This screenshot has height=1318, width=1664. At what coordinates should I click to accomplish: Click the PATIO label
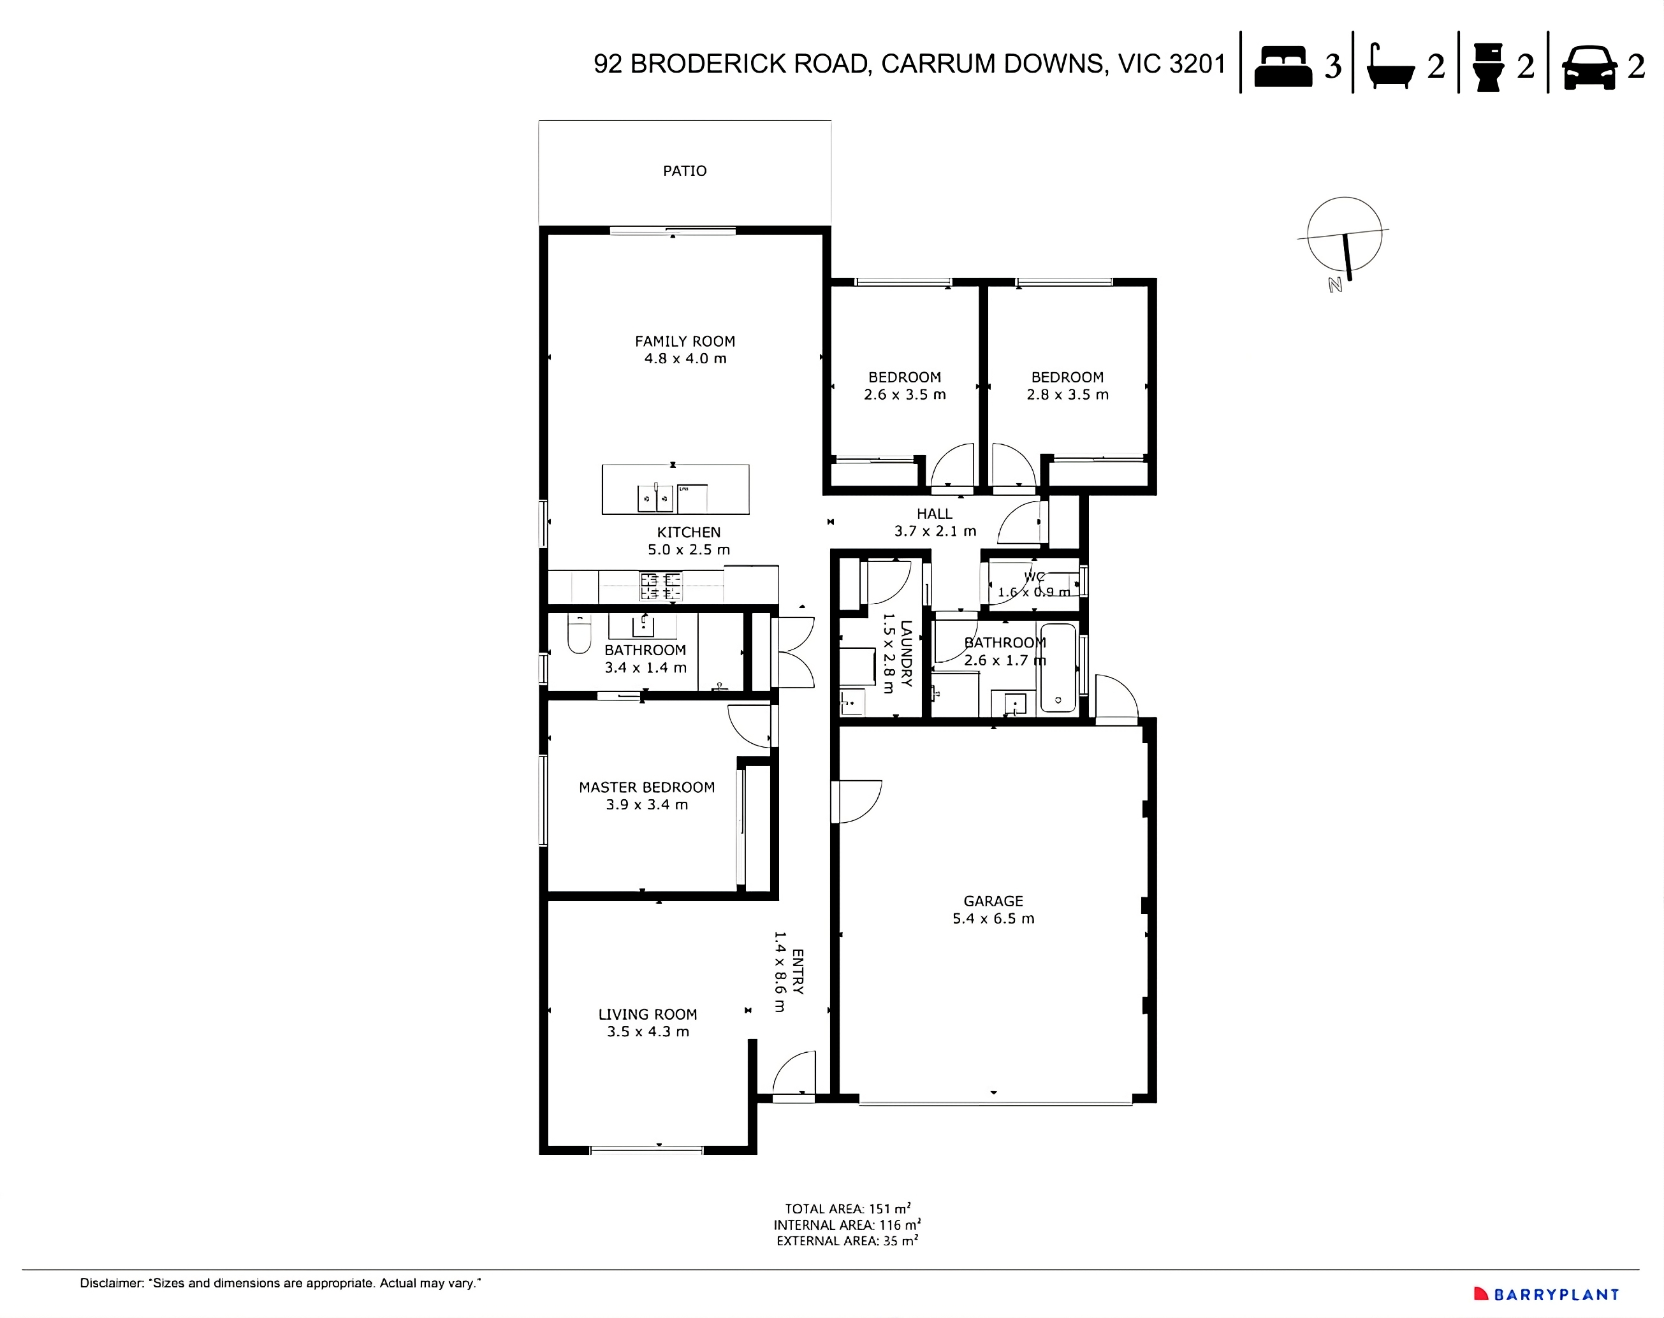(685, 171)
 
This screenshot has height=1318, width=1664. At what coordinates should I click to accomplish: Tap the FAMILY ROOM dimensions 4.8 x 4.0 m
(685, 359)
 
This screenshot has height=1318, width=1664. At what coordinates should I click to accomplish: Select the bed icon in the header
(1283, 66)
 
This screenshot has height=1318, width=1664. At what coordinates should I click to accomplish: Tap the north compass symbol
(1345, 235)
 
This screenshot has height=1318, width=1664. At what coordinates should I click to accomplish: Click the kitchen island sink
(655, 498)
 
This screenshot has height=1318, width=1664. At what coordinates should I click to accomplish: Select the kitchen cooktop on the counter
(660, 586)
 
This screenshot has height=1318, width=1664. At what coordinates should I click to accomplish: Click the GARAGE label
(993, 901)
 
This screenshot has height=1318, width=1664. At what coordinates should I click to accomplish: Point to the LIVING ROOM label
(648, 1015)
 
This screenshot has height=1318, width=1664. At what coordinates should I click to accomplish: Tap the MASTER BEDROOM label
(646, 787)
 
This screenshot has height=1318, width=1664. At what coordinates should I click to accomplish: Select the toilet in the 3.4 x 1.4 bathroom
(579, 635)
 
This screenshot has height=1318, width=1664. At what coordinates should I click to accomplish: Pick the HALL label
(934, 514)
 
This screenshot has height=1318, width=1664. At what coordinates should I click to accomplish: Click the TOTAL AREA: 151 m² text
(847, 1208)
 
